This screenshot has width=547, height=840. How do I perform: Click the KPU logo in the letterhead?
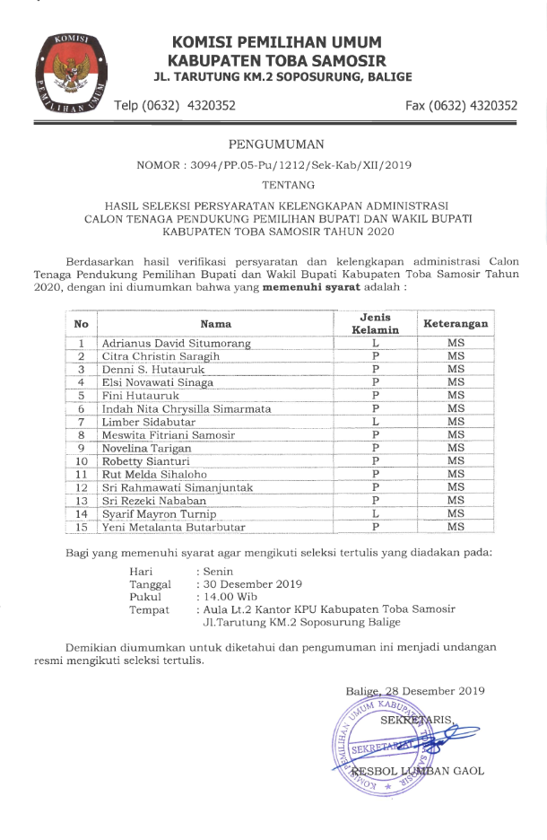click(x=66, y=73)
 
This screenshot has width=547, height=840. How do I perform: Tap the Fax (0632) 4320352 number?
click(x=461, y=106)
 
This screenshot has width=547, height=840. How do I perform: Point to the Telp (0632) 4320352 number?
click(x=175, y=106)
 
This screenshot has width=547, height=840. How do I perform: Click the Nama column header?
click(x=215, y=324)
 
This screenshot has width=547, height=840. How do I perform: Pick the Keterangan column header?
click(x=456, y=324)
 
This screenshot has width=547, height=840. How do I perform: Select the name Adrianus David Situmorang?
click(x=176, y=344)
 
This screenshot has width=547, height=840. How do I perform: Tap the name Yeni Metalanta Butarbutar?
click(x=173, y=527)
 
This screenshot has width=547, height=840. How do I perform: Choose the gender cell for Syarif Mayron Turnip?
click(x=377, y=514)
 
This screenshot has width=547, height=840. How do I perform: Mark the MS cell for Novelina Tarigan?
click(x=456, y=448)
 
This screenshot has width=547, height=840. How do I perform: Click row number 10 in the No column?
click(x=82, y=461)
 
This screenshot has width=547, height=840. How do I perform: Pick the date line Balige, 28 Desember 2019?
click(x=415, y=691)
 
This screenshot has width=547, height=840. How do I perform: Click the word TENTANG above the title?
click(x=275, y=185)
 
